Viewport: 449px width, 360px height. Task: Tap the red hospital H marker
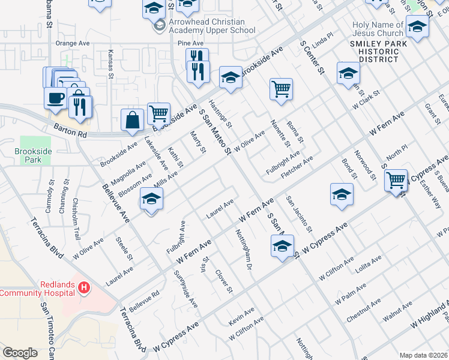point(84,289)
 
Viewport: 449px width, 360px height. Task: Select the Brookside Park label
point(32,156)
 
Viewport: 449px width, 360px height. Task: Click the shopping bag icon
point(132,119)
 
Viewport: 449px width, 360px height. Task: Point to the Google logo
point(20,353)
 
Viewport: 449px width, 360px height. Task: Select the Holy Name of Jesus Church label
point(378,29)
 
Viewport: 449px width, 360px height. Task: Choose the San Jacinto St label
point(298,214)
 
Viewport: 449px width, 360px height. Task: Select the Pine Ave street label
point(191,44)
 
